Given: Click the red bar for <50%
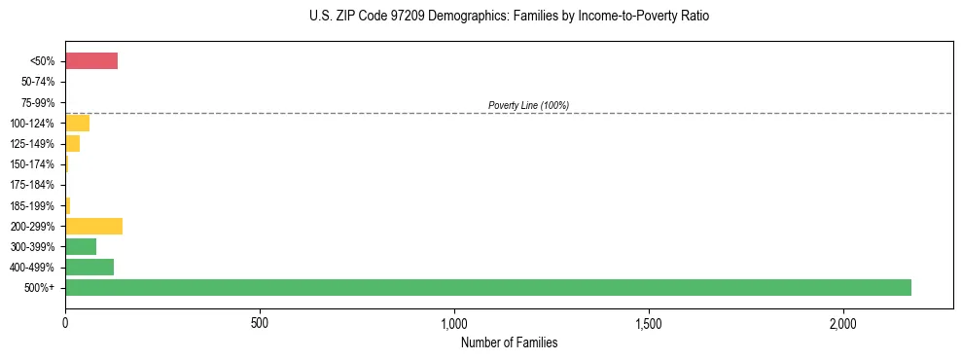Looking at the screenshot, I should pyautogui.click(x=91, y=61).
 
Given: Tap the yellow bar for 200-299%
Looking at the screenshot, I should pyautogui.click(x=93, y=226).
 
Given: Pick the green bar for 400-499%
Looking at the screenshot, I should pyautogui.click(x=89, y=267).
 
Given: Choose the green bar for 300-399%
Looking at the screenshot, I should pyautogui.click(x=81, y=246).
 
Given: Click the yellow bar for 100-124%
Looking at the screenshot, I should pyautogui.click(x=77, y=124).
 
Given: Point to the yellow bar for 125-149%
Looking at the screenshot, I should pyautogui.click(x=72, y=144).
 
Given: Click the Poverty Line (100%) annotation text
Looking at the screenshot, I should pyautogui.click(x=528, y=105).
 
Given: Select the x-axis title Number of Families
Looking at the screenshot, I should pyautogui.click(x=509, y=342).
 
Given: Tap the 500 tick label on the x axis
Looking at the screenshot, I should pyautogui.click(x=260, y=323).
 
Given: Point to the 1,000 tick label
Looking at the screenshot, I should pyautogui.click(x=454, y=323).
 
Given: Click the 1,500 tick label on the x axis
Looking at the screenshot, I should pyautogui.click(x=649, y=323).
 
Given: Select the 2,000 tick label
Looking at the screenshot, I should pyautogui.click(x=843, y=323).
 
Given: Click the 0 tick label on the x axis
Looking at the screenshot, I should pyautogui.click(x=65, y=323).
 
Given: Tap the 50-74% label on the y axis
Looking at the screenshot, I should pyautogui.click(x=38, y=83).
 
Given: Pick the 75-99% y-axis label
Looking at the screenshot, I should pyautogui.click(x=38, y=103).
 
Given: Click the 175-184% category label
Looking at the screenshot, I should pyautogui.click(x=32, y=185).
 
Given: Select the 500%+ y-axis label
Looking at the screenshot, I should pyautogui.click(x=40, y=288).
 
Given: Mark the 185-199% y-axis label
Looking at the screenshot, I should pyautogui.click(x=32, y=205).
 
